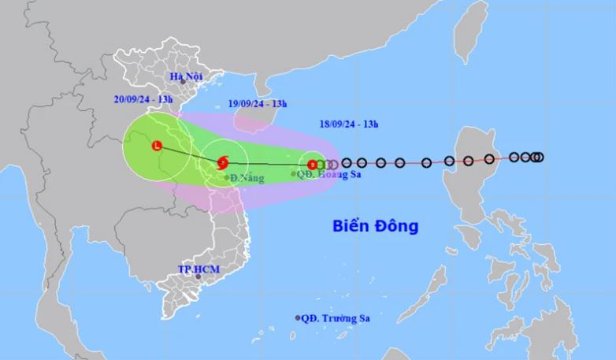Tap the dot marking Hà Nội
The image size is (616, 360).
181,81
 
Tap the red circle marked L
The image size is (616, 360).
158,146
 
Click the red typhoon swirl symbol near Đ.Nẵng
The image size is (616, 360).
223,163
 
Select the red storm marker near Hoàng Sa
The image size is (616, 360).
312,165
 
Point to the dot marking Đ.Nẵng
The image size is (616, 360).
227,178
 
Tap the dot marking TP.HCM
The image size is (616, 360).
199,277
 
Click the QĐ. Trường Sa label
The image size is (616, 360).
336,318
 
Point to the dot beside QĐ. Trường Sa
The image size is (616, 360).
298,318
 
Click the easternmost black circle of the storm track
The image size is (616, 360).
540,157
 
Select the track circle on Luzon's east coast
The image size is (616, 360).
489,159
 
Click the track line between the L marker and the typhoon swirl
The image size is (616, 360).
190,154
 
